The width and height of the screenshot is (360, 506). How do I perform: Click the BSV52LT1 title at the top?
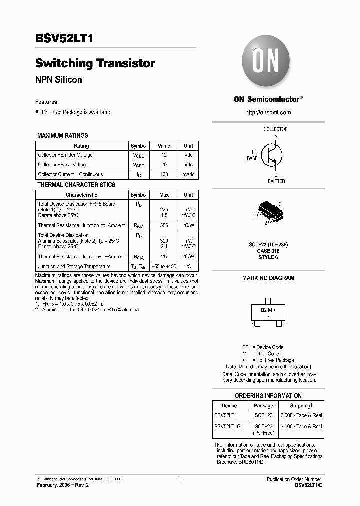click(64, 40)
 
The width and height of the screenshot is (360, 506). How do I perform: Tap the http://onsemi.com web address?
click(268, 112)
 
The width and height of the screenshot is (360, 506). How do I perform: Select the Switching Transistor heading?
click(95, 63)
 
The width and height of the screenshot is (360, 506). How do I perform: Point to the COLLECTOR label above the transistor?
click(275, 129)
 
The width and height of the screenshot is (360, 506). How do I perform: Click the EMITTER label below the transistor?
click(276, 181)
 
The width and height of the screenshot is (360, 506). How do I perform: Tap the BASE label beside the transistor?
click(252, 158)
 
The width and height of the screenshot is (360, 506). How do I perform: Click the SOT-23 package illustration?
click(268, 212)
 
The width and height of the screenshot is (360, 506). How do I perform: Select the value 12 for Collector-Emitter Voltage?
click(164, 155)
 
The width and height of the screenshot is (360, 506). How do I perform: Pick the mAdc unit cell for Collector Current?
click(188, 174)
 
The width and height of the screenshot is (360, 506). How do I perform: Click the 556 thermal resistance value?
click(164, 226)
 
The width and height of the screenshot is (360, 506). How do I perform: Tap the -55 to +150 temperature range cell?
click(164, 266)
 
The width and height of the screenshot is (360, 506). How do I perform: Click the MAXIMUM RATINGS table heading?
click(63, 135)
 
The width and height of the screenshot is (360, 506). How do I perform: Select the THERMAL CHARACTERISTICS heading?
click(76, 185)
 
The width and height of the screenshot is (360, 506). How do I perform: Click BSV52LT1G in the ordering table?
click(227, 426)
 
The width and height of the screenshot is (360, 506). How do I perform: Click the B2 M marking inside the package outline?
click(266, 310)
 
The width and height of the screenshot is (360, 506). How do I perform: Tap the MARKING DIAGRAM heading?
click(268, 278)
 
